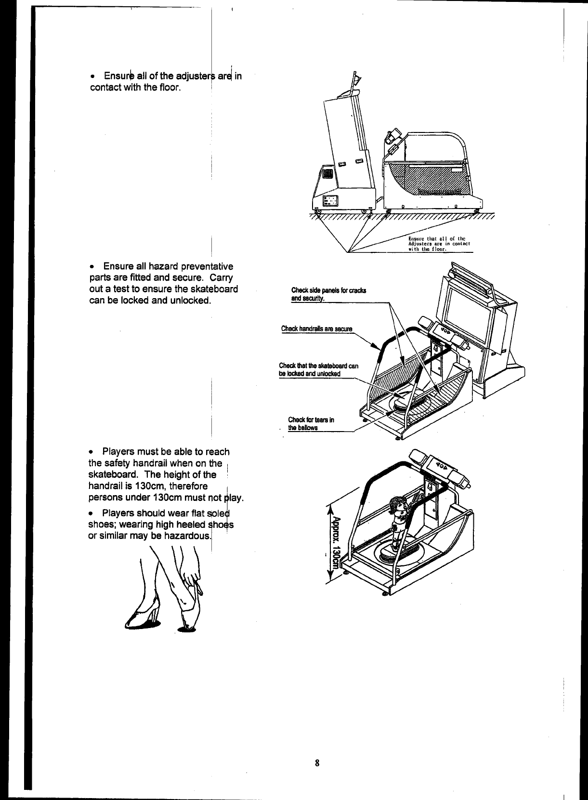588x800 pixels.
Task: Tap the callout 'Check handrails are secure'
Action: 317,329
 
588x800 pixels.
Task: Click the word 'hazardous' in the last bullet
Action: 188,536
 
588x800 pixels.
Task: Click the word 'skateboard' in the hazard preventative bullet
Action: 216,289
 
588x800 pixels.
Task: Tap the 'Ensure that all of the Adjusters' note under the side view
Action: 438,244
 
